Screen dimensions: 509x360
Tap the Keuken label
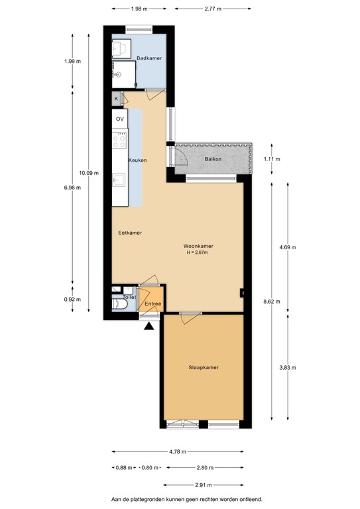click(x=137, y=160)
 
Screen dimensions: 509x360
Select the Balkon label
click(x=212, y=159)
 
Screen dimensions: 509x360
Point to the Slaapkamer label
click(x=204, y=367)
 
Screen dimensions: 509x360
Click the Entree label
click(x=152, y=304)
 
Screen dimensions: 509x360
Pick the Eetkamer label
click(x=130, y=233)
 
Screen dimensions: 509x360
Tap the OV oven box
click(x=120, y=119)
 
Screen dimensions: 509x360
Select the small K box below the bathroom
click(x=117, y=99)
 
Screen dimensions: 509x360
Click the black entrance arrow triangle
click(x=149, y=325)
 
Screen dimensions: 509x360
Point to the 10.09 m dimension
click(x=88, y=173)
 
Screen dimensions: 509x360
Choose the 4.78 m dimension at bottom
click(x=177, y=451)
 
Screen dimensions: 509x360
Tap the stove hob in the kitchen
click(x=120, y=140)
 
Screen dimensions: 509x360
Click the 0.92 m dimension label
click(x=72, y=299)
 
